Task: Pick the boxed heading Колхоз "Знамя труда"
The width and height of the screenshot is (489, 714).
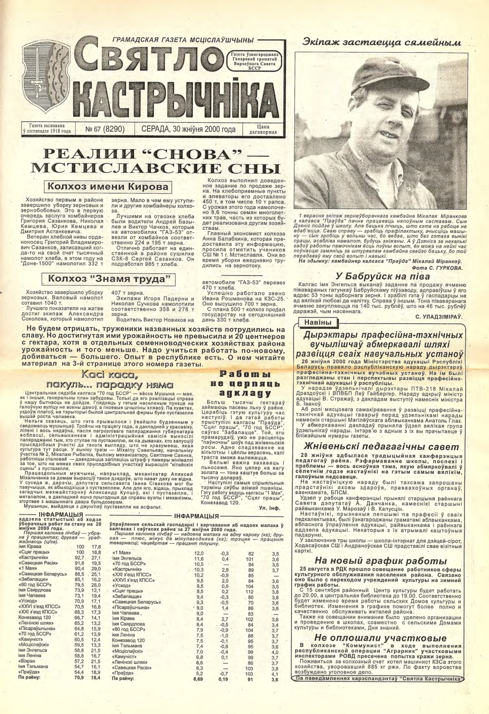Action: coord(109,279)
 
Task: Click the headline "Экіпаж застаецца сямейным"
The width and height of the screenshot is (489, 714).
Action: coord(381,43)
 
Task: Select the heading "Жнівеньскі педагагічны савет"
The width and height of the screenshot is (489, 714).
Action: coord(381,446)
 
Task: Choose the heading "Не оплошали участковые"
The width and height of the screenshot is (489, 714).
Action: coord(380,638)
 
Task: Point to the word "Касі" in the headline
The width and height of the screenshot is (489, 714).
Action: coord(95,376)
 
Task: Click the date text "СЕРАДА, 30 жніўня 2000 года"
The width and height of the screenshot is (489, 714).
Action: coord(188,130)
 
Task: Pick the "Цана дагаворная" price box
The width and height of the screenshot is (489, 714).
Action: coord(263,130)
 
